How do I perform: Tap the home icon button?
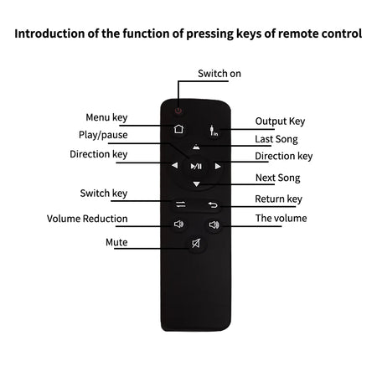178,129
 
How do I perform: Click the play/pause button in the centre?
196,167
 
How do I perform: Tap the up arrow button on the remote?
196,147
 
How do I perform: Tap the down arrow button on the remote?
197,184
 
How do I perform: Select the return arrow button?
213,205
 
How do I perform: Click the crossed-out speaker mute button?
196,243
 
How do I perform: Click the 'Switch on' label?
219,74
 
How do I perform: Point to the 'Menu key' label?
106,117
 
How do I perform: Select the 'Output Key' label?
280,121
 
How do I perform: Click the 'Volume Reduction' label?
87,219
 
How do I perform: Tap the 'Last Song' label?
276,139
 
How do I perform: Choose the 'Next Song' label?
278,178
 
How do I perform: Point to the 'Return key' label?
279,199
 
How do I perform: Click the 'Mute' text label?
116,242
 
